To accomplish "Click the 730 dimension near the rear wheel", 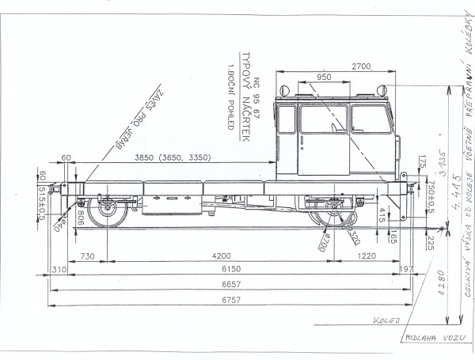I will point(86,256).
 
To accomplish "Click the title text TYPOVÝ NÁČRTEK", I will point(246,99).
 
